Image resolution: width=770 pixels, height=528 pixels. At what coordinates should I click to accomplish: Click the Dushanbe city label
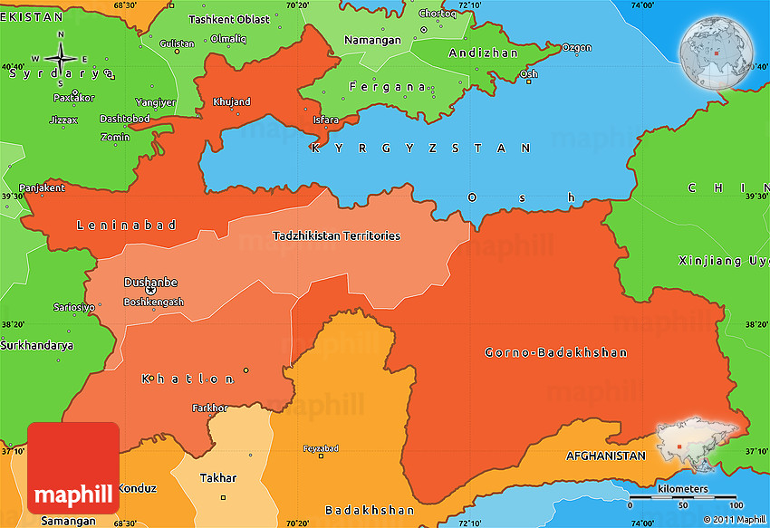click(150, 282)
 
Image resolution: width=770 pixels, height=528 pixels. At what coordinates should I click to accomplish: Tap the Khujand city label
click(231, 102)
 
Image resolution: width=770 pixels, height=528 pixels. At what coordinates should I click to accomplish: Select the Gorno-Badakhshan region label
click(555, 352)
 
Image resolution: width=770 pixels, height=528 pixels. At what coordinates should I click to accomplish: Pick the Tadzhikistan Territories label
click(336, 235)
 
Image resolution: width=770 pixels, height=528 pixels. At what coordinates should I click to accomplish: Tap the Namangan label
click(372, 41)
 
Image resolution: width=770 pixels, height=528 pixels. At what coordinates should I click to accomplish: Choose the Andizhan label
click(484, 53)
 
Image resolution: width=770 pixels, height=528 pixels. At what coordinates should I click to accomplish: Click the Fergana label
click(389, 87)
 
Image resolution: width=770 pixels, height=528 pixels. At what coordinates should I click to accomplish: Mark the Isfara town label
click(325, 120)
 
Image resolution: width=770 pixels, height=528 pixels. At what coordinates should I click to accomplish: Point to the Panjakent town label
click(42, 188)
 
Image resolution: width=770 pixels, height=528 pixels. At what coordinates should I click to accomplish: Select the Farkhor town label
click(209, 408)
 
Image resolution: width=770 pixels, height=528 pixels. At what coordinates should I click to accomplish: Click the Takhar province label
click(218, 477)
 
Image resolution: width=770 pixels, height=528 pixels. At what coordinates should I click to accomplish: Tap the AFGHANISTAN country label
click(605, 456)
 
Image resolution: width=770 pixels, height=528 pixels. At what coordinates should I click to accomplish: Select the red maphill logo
click(73, 468)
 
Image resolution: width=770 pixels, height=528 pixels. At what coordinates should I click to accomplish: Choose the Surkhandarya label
click(36, 345)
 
